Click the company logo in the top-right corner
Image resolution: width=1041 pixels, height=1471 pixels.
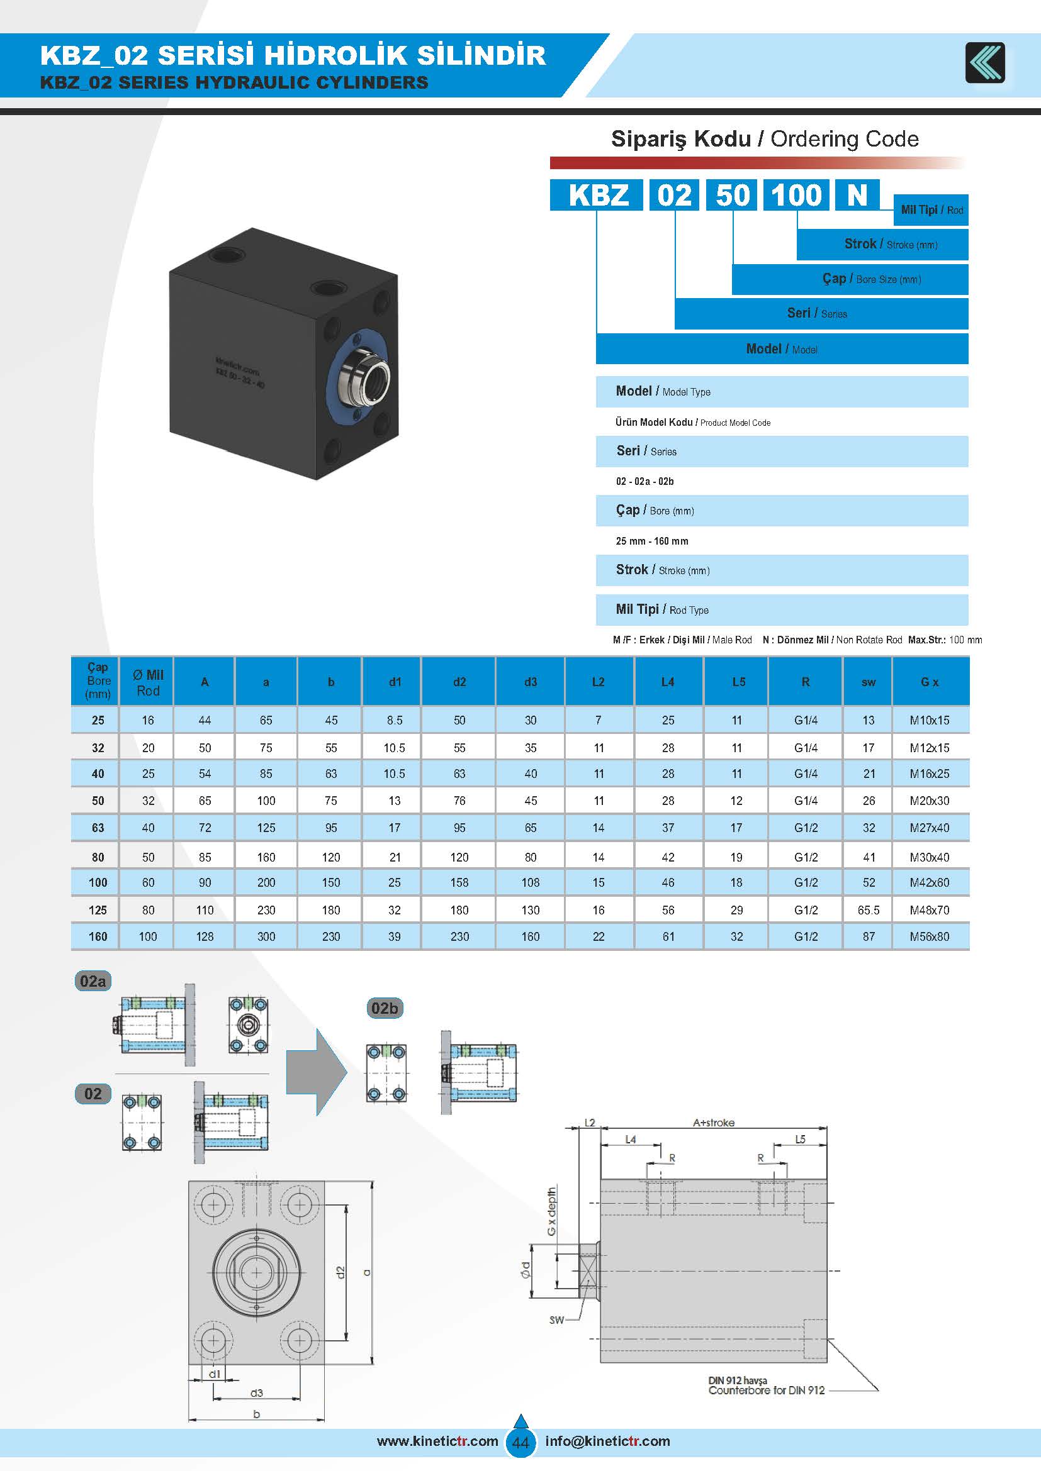(x=985, y=62)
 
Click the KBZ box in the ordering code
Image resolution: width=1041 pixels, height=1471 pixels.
(x=597, y=195)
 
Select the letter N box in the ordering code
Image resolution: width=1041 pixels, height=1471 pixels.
(x=857, y=195)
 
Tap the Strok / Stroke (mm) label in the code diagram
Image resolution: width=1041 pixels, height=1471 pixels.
(x=891, y=244)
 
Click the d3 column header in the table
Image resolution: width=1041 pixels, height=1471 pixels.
(x=530, y=682)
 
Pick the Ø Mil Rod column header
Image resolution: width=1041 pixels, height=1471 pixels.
(x=147, y=682)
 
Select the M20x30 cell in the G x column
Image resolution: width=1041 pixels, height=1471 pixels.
(x=929, y=801)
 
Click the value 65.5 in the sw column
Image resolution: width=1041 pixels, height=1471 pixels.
(x=868, y=910)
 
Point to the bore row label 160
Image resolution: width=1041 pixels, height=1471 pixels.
(x=98, y=936)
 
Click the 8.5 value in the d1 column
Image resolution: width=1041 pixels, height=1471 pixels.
(x=394, y=720)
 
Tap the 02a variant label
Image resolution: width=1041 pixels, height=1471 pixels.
(x=93, y=982)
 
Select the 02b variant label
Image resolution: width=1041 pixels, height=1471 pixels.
(x=384, y=1008)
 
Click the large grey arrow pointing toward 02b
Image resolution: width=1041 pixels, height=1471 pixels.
(x=315, y=1072)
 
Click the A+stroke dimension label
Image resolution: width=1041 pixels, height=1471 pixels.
(x=713, y=1123)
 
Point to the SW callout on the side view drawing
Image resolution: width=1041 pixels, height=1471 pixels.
(x=556, y=1320)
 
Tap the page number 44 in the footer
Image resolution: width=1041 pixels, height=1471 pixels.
(x=520, y=1443)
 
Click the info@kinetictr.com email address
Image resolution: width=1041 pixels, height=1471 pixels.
(x=607, y=1441)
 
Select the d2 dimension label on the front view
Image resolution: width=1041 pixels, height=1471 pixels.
(x=340, y=1272)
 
